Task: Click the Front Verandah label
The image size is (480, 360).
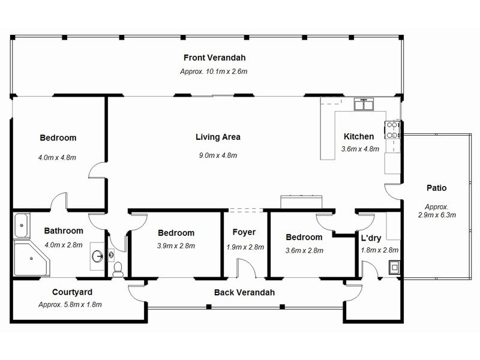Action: [x=214, y=58]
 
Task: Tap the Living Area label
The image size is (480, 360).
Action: [x=218, y=137]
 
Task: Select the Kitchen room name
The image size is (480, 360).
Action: [x=358, y=137]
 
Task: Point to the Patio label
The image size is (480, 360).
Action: [x=436, y=188]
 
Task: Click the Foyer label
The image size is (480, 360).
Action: [x=244, y=232]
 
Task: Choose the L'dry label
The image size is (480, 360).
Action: [x=371, y=238]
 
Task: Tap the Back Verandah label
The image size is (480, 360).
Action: [x=244, y=292]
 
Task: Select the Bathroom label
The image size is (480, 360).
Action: [x=64, y=230]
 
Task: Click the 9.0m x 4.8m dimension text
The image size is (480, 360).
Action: [x=218, y=155]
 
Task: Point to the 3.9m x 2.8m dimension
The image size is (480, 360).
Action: [x=176, y=245]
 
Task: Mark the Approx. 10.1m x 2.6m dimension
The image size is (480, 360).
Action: [x=214, y=71]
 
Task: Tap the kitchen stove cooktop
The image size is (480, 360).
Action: [x=392, y=130]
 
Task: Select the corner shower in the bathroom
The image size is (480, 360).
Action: [x=30, y=259]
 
